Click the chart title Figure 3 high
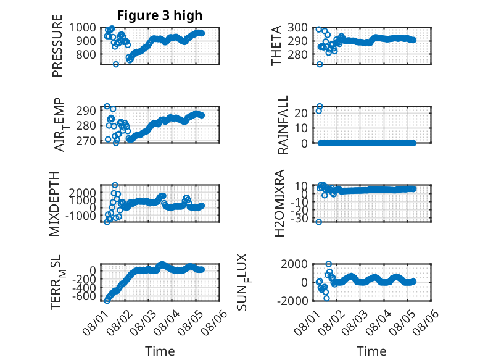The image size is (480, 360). pyautogui.click(x=160, y=15)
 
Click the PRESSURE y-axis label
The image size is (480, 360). pyautogui.click(x=57, y=46)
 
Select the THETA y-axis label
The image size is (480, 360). pyautogui.click(x=276, y=46)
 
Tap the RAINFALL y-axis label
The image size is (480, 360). pyautogui.click(x=283, y=124)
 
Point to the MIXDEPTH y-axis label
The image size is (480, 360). pyautogui.click(x=54, y=203)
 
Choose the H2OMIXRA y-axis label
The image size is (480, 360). pyautogui.click(x=279, y=203)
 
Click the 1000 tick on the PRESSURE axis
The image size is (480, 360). pyautogui.click(x=82, y=28)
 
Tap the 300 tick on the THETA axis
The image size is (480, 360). pyautogui.click(x=297, y=28)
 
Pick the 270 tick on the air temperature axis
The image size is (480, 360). pyautogui.click(x=86, y=141)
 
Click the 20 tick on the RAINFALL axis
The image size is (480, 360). pyautogui.click(x=301, y=113)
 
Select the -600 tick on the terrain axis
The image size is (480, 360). pyautogui.click(x=84, y=296)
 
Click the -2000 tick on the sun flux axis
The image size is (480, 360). pyautogui.click(x=292, y=301)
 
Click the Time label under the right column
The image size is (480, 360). pyautogui.click(x=371, y=351)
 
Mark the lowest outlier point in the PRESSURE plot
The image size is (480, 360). pyautogui.click(x=116, y=64)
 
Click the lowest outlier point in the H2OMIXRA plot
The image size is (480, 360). pyautogui.click(x=319, y=222)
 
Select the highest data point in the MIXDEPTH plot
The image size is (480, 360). pyautogui.click(x=115, y=185)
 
